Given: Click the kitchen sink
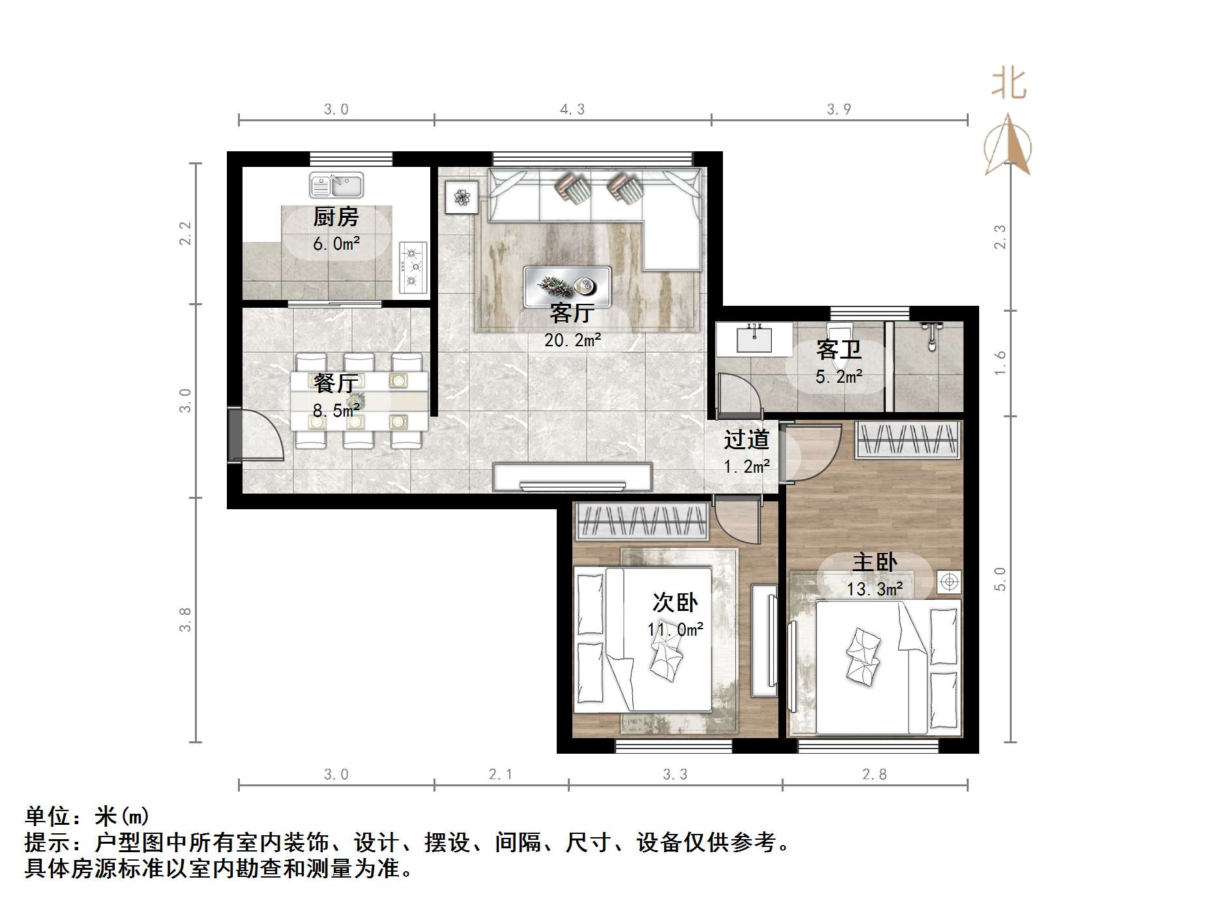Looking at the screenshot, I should click(x=336, y=186).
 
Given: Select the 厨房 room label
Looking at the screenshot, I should click(x=336, y=217).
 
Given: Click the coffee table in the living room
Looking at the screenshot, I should click(x=567, y=286).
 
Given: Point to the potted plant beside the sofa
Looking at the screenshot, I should click(x=462, y=197).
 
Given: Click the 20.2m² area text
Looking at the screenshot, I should click(x=572, y=340).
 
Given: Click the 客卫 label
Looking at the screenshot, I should click(x=839, y=350).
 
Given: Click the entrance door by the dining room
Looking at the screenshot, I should click(x=236, y=435).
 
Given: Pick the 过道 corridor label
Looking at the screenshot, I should click(x=746, y=440).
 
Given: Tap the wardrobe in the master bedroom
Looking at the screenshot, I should click(x=908, y=440).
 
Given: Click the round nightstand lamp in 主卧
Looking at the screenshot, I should click(x=949, y=581).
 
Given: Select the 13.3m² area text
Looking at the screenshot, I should click(x=875, y=589).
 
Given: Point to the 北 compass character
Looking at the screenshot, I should click(x=1008, y=85).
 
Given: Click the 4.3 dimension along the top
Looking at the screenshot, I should click(x=572, y=110).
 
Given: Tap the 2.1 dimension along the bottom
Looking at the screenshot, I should click(x=501, y=775).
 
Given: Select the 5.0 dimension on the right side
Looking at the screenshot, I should click(x=1000, y=579).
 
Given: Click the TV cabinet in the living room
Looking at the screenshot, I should click(x=572, y=477).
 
